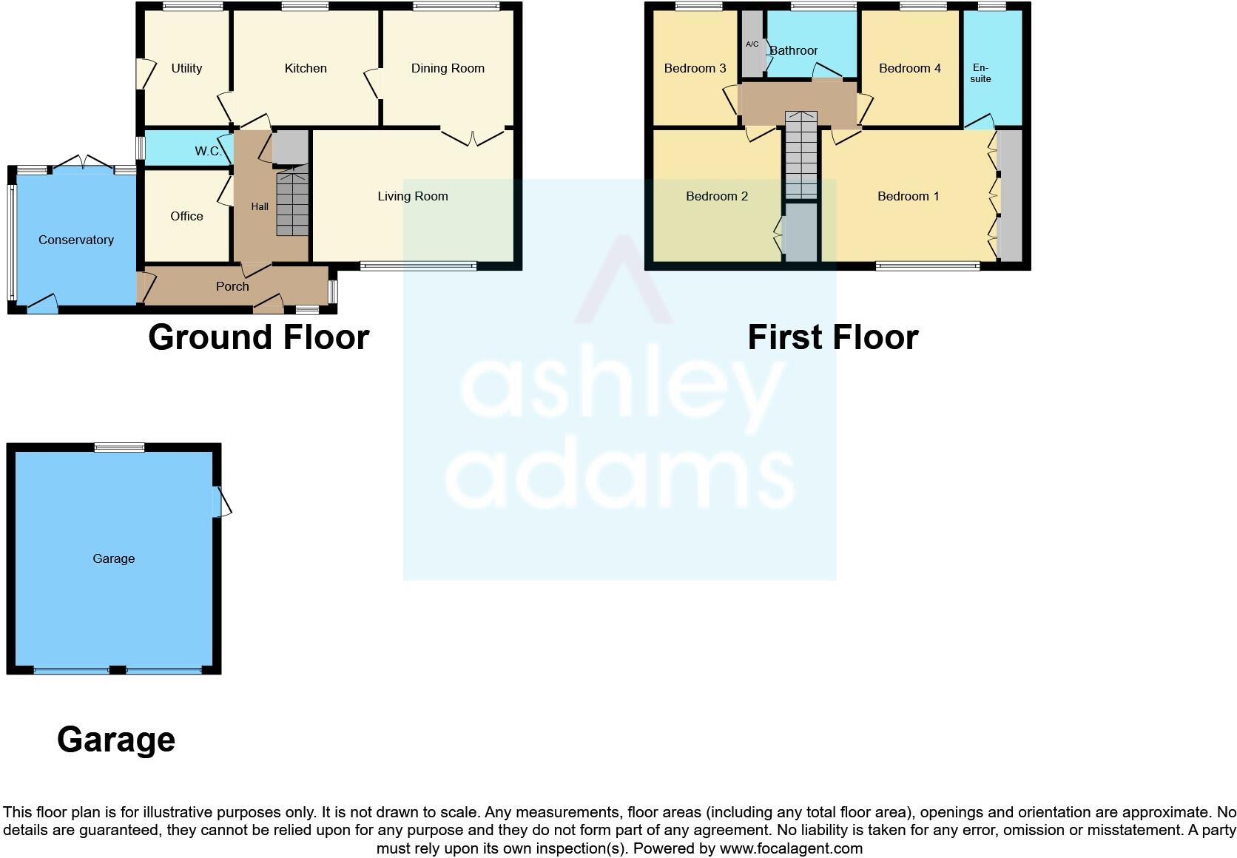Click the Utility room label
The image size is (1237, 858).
pos(186,68)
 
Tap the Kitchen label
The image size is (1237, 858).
pos(306,68)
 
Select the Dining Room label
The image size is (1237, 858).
pos(448,68)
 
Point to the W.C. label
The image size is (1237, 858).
pos(208,151)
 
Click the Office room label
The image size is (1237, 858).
pos(186,216)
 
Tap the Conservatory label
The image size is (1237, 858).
pos(76,240)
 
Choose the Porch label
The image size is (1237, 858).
pos(232,286)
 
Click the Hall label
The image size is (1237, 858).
pos(260,206)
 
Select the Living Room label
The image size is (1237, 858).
pos(413,196)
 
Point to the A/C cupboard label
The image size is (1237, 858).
pos(752,44)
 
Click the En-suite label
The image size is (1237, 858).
pos(980,73)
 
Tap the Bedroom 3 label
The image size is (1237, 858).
pos(695,68)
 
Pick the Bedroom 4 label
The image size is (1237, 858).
pos(910,68)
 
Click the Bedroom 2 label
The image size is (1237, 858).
pos(717,196)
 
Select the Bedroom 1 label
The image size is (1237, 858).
pos(909,196)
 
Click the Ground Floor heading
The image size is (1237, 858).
pos(259,337)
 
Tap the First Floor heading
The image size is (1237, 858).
pos(833,337)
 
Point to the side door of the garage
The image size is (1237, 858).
pos(220,502)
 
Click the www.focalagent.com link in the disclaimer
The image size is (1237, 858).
pos(791,848)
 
